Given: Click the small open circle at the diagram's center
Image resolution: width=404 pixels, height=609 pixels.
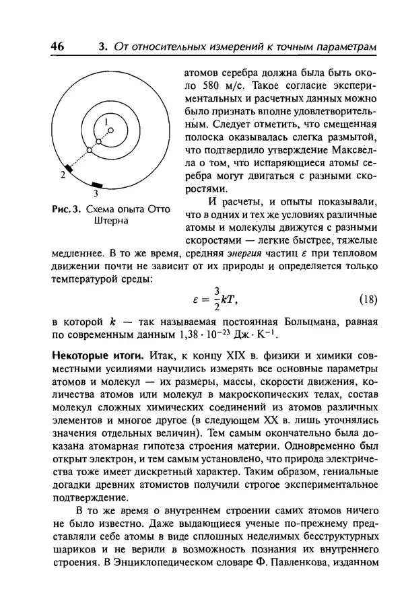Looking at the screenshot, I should coord(111,131).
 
